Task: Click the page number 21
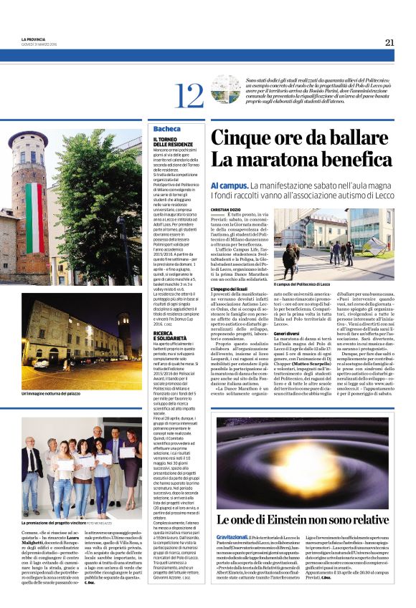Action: click(389, 42)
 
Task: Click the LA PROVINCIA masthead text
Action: click(34, 39)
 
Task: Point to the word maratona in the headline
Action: click(278, 162)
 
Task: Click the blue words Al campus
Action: click(228, 185)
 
